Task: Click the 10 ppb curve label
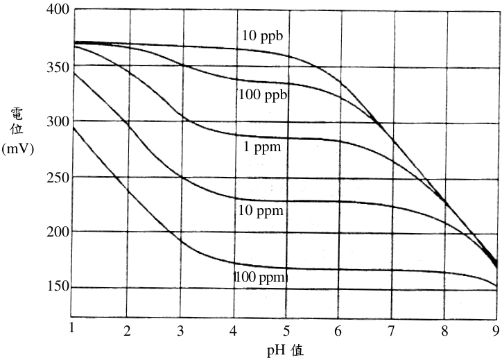(x=262, y=35)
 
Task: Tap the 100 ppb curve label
(x=263, y=95)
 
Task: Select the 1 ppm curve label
(x=262, y=147)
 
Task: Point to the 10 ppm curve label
(x=261, y=211)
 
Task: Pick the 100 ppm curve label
(x=260, y=277)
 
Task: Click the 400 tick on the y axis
(x=58, y=9)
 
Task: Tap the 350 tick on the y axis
(x=58, y=67)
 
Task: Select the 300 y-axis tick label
(x=58, y=121)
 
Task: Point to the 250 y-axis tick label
(x=58, y=178)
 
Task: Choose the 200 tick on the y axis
(x=58, y=232)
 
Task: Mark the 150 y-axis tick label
(x=58, y=286)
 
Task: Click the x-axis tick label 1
(x=71, y=327)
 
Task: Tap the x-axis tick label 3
(x=180, y=331)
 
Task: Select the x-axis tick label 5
(x=286, y=331)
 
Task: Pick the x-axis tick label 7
(x=391, y=331)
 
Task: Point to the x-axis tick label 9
(x=496, y=330)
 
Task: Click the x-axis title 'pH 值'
(x=285, y=350)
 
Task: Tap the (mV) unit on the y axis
(x=17, y=149)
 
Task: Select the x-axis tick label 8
(x=444, y=331)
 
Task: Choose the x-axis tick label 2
(x=128, y=331)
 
